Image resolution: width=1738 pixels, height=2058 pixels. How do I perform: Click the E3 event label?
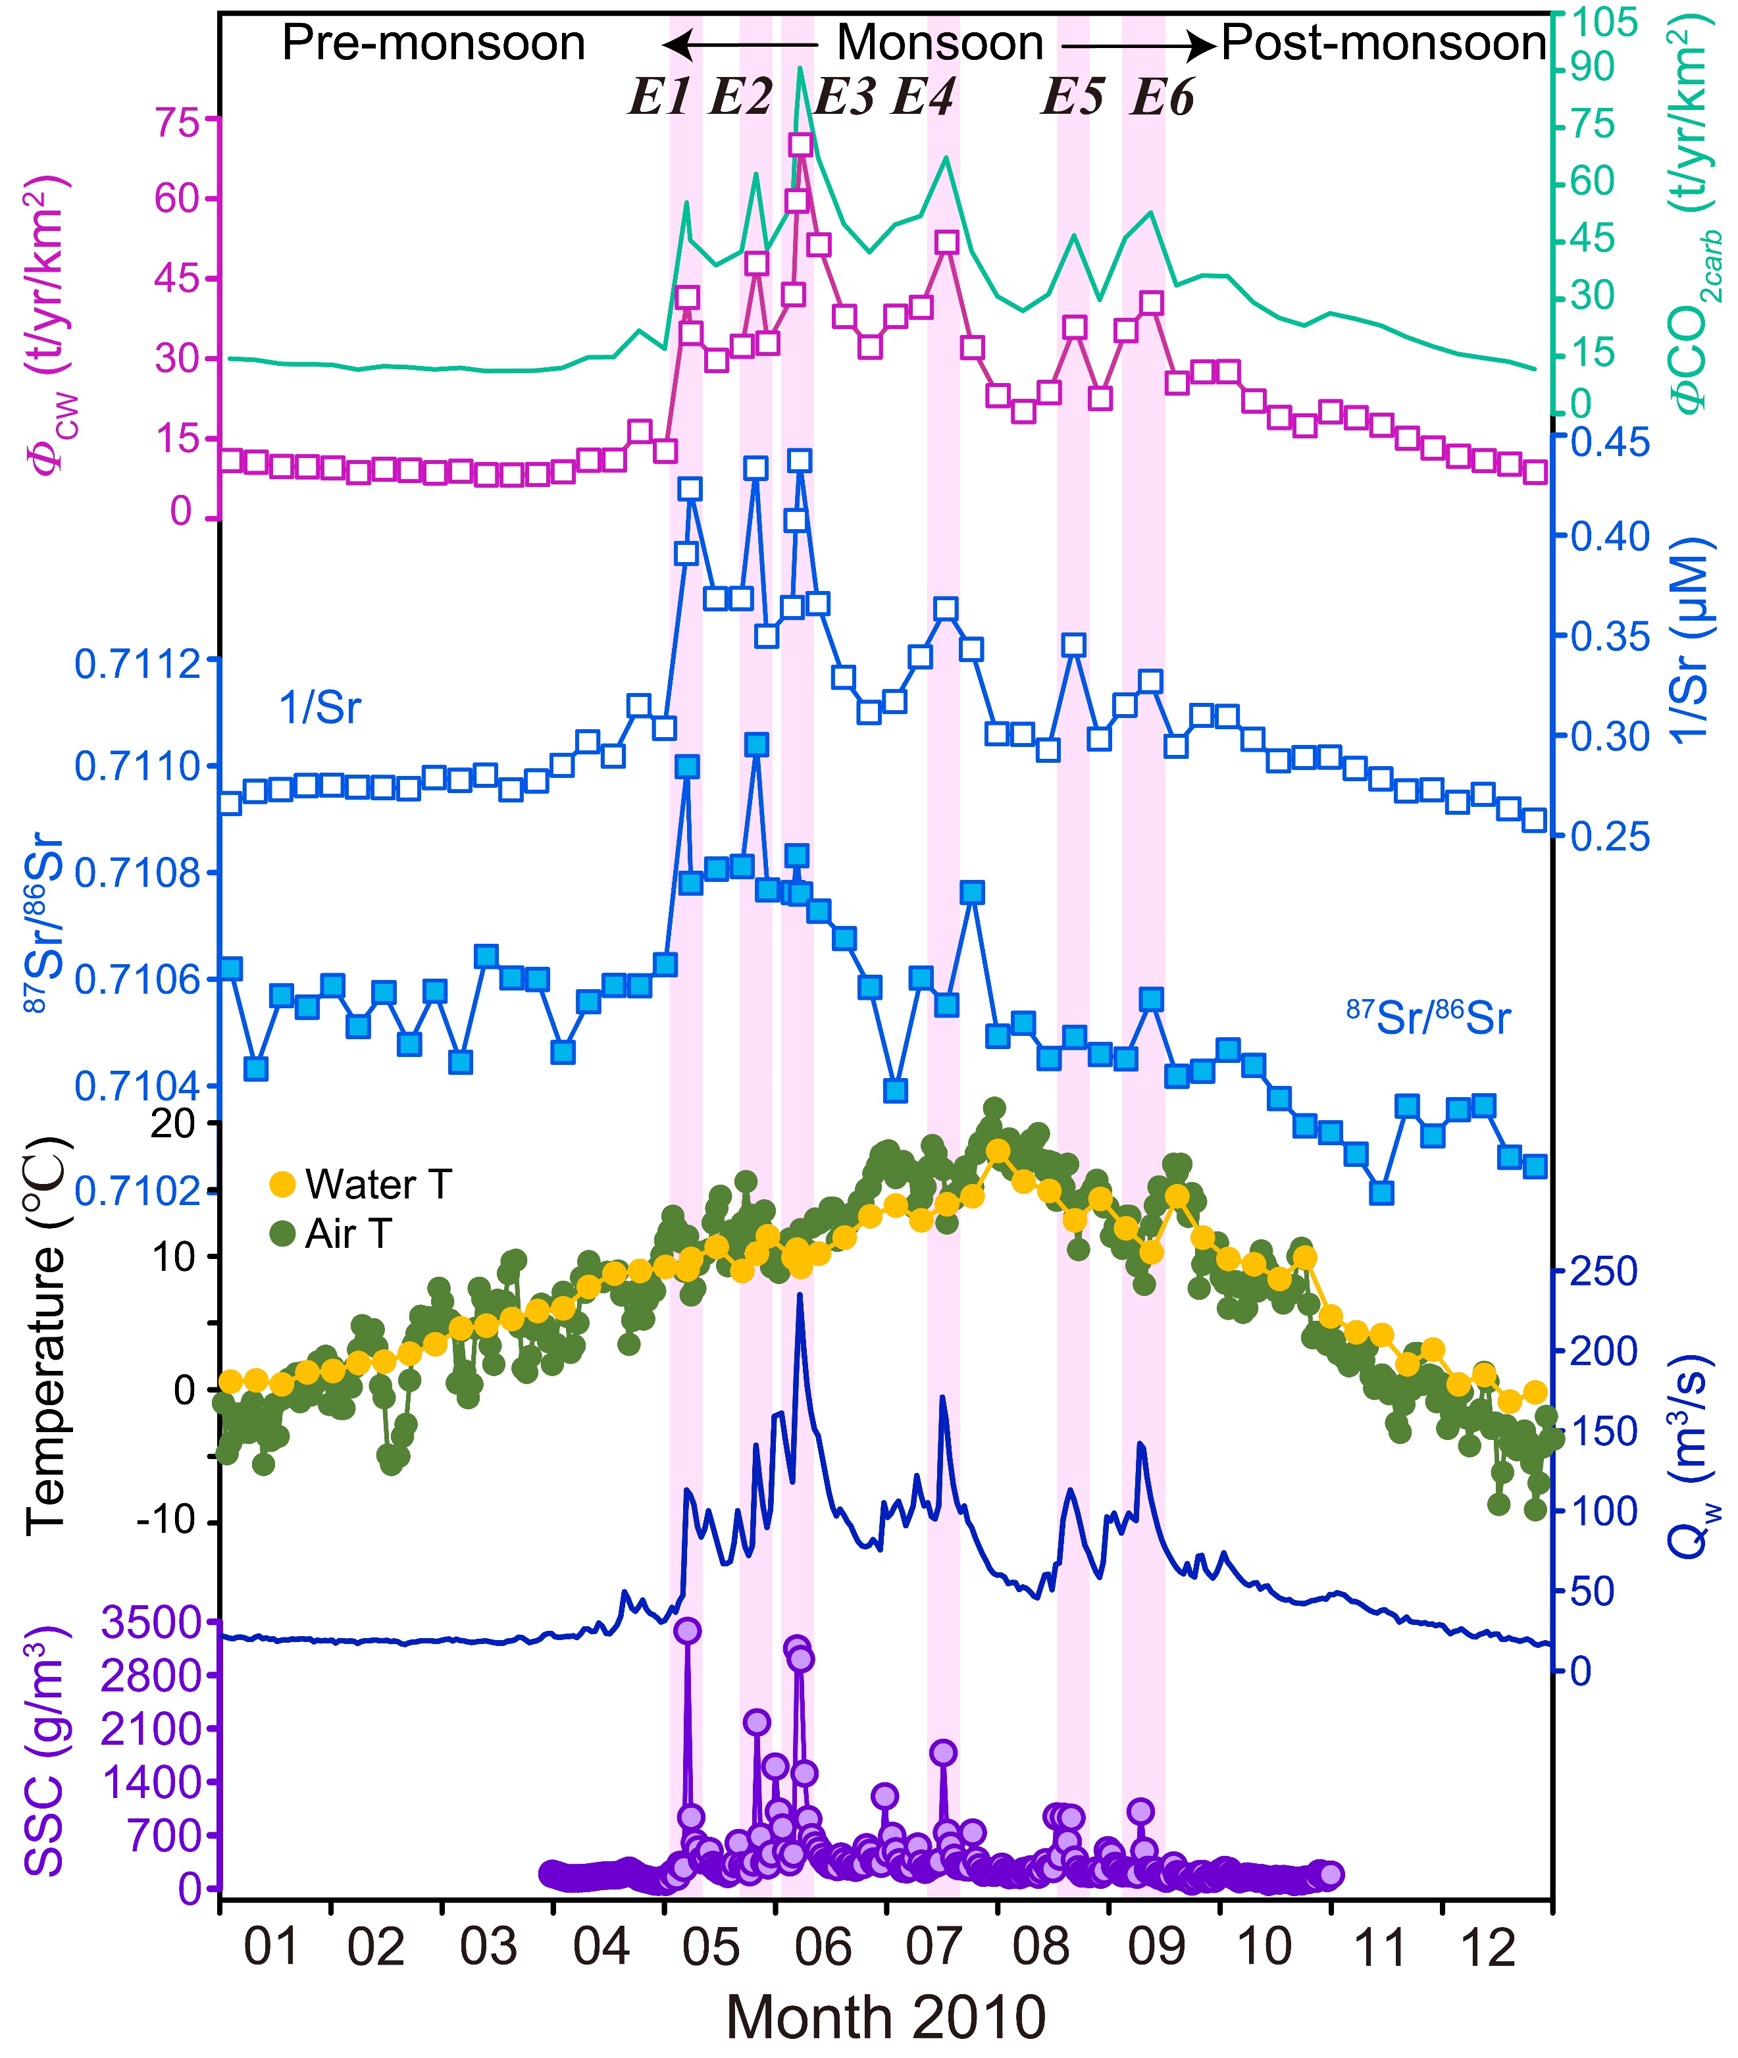(844, 97)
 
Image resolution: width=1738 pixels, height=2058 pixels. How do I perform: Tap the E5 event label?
(1073, 97)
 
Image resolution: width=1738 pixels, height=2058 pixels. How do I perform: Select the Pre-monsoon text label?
(434, 43)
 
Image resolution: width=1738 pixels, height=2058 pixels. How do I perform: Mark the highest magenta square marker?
(800, 145)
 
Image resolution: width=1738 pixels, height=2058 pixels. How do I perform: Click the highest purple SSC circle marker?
(687, 1630)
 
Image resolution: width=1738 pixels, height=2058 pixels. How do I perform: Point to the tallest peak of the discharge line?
(799, 1295)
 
